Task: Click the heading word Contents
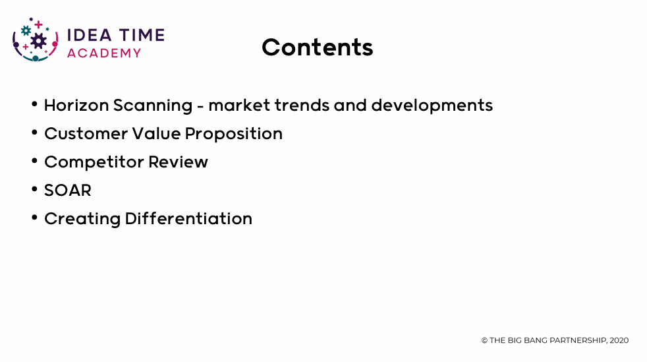click(x=318, y=47)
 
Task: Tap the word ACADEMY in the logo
click(x=104, y=53)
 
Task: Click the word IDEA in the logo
click(x=89, y=35)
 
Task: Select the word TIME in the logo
click(x=142, y=35)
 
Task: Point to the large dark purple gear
click(x=38, y=40)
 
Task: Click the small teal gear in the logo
click(x=26, y=30)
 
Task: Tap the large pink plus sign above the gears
click(x=38, y=25)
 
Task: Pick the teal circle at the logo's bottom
click(x=36, y=58)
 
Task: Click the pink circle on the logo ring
click(x=55, y=44)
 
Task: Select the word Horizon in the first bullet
click(x=76, y=105)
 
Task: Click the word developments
click(x=432, y=106)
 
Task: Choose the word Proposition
click(x=233, y=134)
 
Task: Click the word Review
click(x=178, y=162)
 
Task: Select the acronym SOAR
click(x=68, y=191)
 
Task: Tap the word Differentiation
click(x=188, y=218)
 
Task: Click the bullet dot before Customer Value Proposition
click(x=35, y=132)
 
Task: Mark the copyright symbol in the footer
click(x=484, y=340)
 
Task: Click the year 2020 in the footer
click(x=619, y=340)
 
